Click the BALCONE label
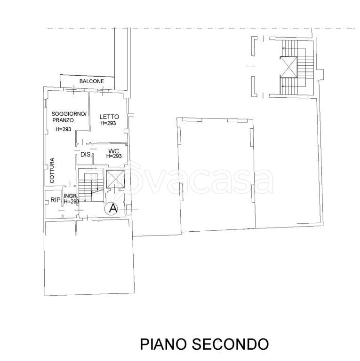point(91,81)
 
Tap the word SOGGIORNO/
point(69,114)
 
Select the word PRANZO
point(63,120)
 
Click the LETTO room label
point(109,117)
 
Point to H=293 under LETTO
point(108,123)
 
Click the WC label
point(113,151)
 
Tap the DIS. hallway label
point(86,155)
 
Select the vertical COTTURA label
point(52,170)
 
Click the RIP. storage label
point(56,200)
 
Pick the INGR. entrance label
point(71,196)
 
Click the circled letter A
point(111,209)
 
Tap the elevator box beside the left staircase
point(115,179)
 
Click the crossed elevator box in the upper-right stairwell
point(288,67)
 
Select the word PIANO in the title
point(163,344)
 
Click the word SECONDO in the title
point(230,344)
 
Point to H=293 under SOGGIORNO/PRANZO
point(64,129)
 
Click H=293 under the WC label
point(114,156)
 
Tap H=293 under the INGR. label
point(72,202)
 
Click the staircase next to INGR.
point(90,186)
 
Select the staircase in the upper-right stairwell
point(298,67)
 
